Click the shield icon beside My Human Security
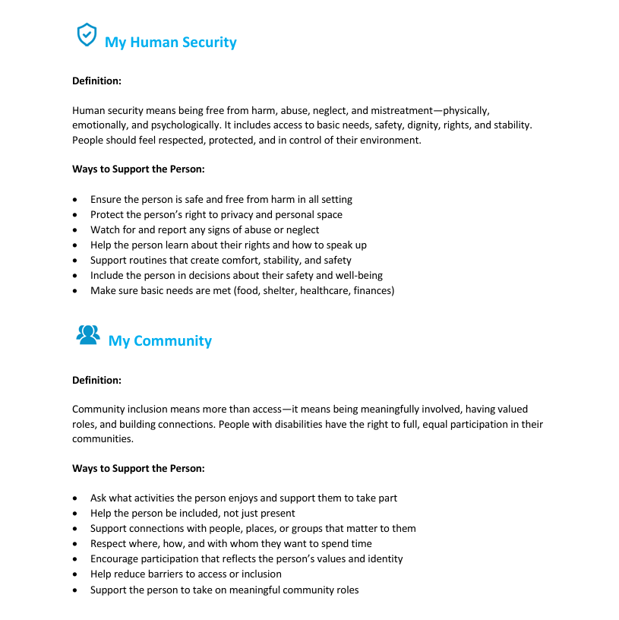pyautogui.click(x=87, y=34)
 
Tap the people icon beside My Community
pyautogui.click(x=88, y=335)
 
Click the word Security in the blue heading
pyautogui.click(x=206, y=43)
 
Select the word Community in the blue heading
pyautogui.click(x=172, y=341)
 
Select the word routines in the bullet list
pyautogui.click(x=147, y=261)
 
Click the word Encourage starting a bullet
pyautogui.click(x=115, y=559)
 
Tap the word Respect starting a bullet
pyautogui.click(x=109, y=544)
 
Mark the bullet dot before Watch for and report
pyautogui.click(x=74, y=230)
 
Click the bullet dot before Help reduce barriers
pyautogui.click(x=74, y=574)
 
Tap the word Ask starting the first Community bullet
pyautogui.click(x=99, y=498)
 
